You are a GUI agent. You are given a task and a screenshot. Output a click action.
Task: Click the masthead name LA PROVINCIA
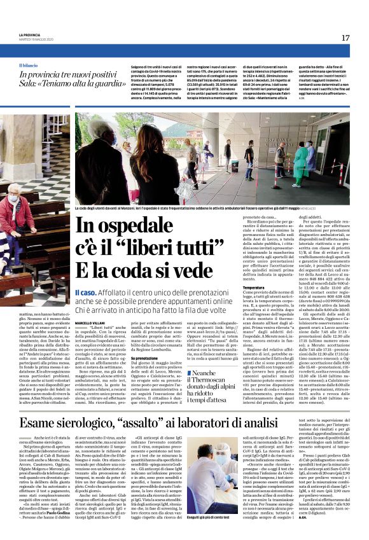coord(29,34)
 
